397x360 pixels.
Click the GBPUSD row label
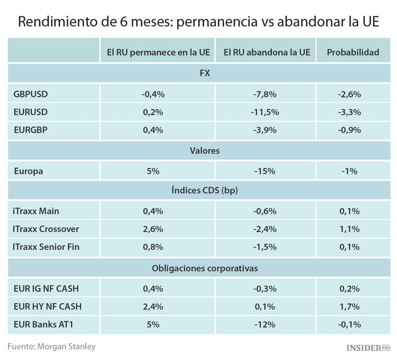pyautogui.click(x=31, y=94)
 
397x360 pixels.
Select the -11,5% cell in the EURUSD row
pyautogui.click(x=265, y=112)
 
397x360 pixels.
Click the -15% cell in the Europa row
pyautogui.click(x=265, y=171)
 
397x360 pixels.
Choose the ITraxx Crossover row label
pyautogui.click(x=46, y=229)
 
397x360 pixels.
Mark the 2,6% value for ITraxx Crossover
pyautogui.click(x=154, y=229)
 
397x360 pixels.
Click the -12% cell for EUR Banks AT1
pyautogui.click(x=265, y=324)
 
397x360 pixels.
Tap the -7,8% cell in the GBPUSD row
pyautogui.click(x=265, y=94)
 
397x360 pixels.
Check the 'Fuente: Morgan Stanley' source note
pyautogui.click(x=51, y=346)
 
